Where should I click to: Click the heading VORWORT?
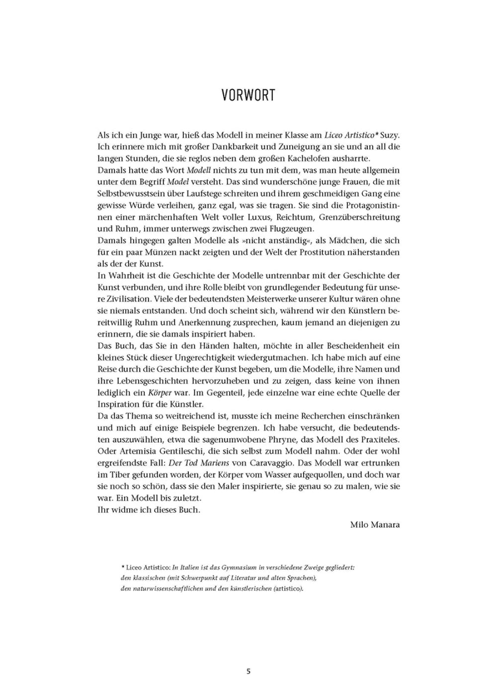click(x=248, y=95)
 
